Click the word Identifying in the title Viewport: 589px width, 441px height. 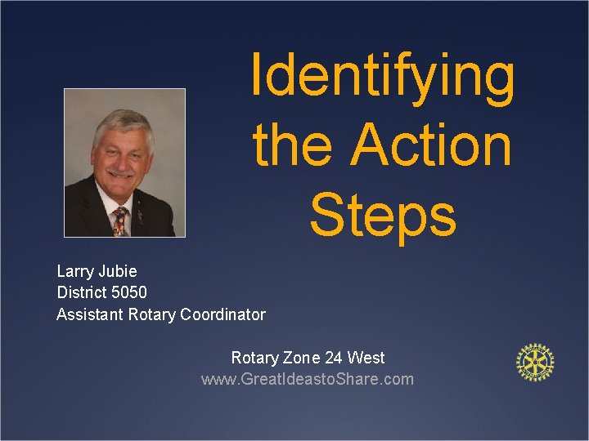[383, 76]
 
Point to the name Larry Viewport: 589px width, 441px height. [76, 271]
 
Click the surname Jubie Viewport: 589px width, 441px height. [119, 271]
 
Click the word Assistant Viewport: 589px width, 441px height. [90, 314]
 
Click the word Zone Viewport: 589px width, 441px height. [302, 358]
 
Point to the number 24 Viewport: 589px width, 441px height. [334, 358]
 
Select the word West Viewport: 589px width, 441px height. [366, 358]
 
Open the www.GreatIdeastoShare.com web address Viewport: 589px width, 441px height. [308, 379]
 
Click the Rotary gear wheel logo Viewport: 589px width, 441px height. [535, 362]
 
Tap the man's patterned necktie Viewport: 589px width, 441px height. [120, 220]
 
